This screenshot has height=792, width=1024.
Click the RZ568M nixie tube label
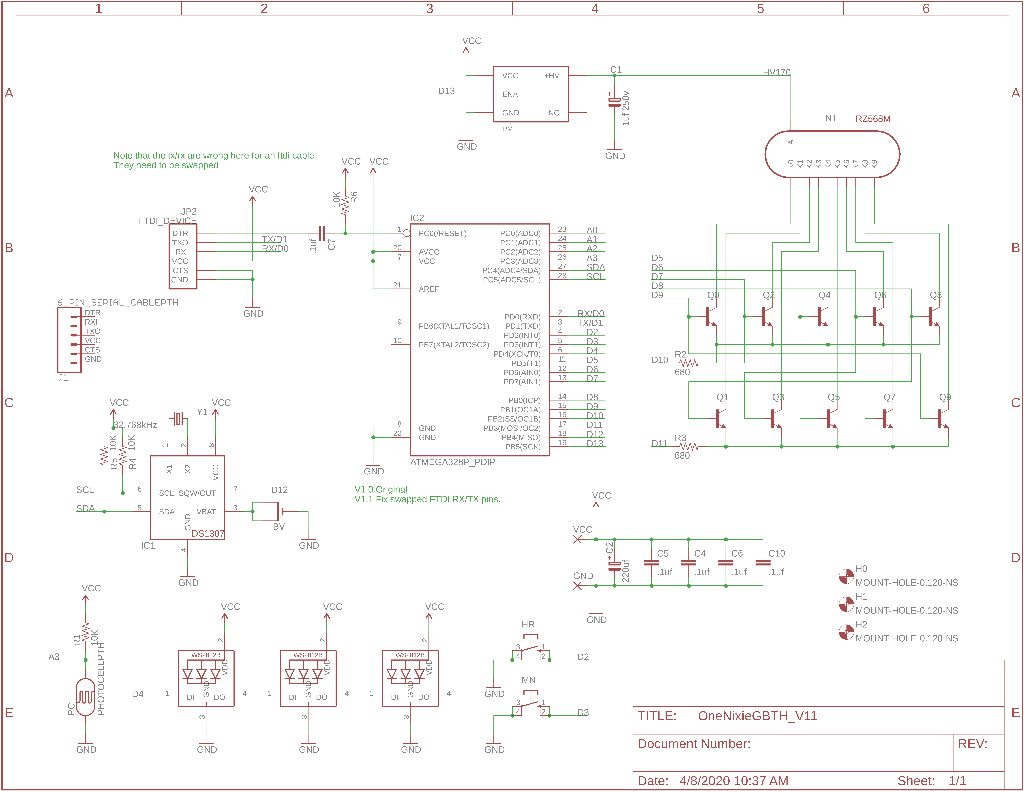(x=873, y=119)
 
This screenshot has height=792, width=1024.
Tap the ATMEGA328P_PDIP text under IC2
(x=452, y=462)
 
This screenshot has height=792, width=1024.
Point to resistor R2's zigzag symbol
(x=689, y=363)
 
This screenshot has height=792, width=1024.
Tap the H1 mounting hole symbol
(x=846, y=604)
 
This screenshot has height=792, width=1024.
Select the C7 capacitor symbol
(x=322, y=233)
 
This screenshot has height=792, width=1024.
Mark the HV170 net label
(x=776, y=72)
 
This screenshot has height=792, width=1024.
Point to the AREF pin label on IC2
(x=428, y=289)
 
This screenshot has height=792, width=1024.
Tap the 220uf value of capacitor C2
(x=626, y=571)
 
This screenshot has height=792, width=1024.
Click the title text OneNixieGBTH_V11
(x=757, y=716)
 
